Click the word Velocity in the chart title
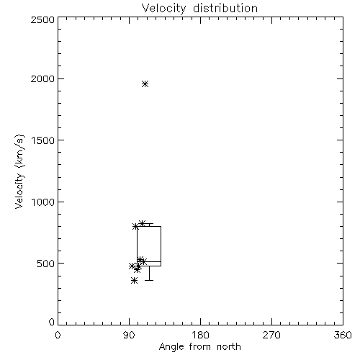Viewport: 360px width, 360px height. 163,9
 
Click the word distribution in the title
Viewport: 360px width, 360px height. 225,8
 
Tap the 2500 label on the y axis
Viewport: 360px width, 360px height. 42,19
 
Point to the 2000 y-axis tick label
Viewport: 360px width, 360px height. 42,78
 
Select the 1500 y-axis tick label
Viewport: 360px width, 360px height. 43,140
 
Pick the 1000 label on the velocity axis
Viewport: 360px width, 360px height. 43,202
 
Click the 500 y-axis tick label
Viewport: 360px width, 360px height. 46,264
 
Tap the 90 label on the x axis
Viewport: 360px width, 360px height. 129,335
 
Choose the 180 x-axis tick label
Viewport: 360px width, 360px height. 200,335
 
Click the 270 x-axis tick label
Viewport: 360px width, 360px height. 271,335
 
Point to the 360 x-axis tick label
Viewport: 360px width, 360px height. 343,335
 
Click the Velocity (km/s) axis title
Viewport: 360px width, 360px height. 19,171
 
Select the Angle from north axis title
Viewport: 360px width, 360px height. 200,347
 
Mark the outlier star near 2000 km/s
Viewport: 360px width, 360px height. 145,84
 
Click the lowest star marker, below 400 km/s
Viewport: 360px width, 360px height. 135,280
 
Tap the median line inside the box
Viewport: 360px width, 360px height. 149,261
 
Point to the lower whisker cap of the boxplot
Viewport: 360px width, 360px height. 149,280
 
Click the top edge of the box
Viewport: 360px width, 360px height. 149,226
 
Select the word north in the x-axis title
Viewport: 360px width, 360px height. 229,346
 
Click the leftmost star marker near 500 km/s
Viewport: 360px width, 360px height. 132,266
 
